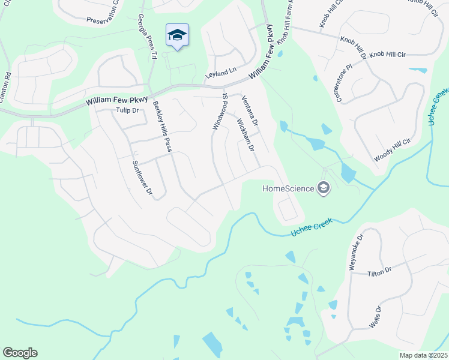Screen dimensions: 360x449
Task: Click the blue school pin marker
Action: (x=177, y=36)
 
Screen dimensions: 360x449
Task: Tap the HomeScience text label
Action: (x=288, y=189)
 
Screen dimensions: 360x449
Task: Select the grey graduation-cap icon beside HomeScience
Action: (x=324, y=189)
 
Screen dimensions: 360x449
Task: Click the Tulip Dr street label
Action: (x=127, y=110)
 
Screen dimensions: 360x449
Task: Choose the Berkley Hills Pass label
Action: (x=161, y=126)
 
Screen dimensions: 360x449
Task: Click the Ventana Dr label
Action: (x=249, y=110)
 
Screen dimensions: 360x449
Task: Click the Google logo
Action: (x=20, y=353)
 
